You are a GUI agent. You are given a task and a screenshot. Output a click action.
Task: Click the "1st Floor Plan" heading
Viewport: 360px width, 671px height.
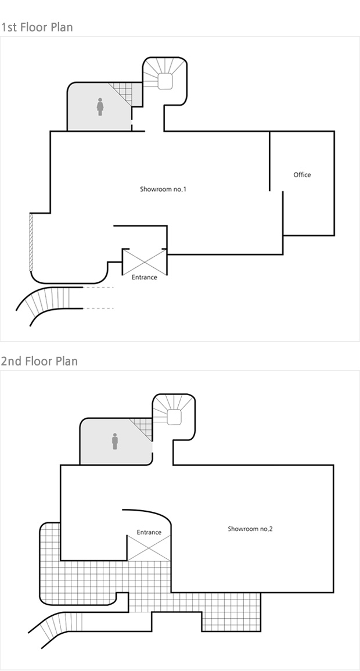(37, 27)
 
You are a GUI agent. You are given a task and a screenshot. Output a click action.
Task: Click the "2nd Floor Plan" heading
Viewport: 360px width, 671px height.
(39, 361)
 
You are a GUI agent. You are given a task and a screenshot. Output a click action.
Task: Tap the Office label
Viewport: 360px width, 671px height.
(303, 175)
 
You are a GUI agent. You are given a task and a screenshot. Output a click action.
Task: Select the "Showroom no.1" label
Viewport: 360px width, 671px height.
(163, 189)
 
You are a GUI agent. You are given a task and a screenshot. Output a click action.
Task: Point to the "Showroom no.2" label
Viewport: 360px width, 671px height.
(250, 529)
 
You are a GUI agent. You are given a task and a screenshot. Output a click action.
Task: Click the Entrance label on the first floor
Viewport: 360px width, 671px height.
(145, 277)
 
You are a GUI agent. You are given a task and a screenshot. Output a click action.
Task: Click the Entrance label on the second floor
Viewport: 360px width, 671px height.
(149, 532)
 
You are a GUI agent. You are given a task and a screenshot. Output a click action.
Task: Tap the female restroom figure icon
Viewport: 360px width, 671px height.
(100, 106)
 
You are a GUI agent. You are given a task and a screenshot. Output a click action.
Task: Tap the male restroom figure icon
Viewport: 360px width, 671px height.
(115, 441)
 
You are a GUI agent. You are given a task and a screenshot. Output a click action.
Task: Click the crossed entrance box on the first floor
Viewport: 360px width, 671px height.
(145, 262)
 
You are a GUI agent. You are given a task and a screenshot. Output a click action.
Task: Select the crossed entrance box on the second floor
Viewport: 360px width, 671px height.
(149, 548)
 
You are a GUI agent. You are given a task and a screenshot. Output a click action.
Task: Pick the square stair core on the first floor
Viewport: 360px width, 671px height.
(165, 81)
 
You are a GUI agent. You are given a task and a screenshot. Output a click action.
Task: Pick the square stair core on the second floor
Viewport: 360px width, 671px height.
(174, 417)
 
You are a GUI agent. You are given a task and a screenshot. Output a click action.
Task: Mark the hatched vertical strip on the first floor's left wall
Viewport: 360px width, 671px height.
(31, 242)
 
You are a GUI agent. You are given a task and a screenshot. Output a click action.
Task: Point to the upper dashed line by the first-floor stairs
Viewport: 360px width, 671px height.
(98, 288)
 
